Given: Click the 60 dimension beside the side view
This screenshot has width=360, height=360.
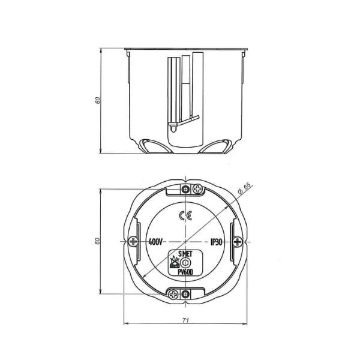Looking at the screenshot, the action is [x=98, y=100].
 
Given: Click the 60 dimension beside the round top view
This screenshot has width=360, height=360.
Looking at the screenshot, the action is [x=98, y=241].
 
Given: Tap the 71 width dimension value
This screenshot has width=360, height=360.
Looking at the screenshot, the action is [x=185, y=320].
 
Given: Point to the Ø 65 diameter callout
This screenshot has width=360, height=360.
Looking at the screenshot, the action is [x=244, y=188].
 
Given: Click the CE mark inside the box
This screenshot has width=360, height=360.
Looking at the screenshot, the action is [x=185, y=216].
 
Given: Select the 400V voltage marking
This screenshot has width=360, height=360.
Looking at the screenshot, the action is [x=155, y=242].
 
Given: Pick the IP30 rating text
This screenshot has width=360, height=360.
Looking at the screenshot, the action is [x=216, y=242].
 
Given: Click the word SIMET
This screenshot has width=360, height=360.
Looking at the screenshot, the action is [x=185, y=254].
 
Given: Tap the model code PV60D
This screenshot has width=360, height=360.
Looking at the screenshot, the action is [x=185, y=272].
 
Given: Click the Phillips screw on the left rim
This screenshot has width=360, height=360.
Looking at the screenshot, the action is [x=133, y=242].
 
